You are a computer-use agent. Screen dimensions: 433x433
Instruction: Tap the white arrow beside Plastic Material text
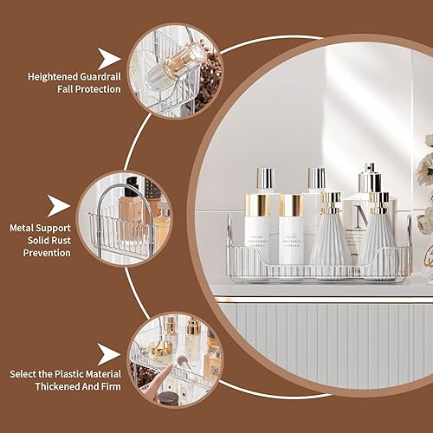[108, 352]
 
